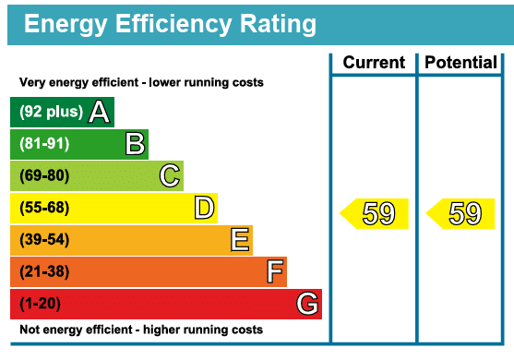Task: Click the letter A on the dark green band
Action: click(100, 113)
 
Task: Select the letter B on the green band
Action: click(135, 144)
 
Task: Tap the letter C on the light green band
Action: click(169, 175)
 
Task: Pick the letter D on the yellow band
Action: click(204, 208)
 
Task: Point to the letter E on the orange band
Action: click(239, 240)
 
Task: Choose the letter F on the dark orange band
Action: click(274, 271)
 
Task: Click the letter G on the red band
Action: click(308, 304)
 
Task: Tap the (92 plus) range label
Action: click(52, 113)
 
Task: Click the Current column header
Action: click(374, 63)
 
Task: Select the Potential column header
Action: click(460, 63)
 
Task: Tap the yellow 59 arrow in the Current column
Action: click(375, 213)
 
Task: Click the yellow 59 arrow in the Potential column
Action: click(460, 213)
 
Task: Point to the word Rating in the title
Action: click(267, 24)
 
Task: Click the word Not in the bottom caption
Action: click(30, 330)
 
